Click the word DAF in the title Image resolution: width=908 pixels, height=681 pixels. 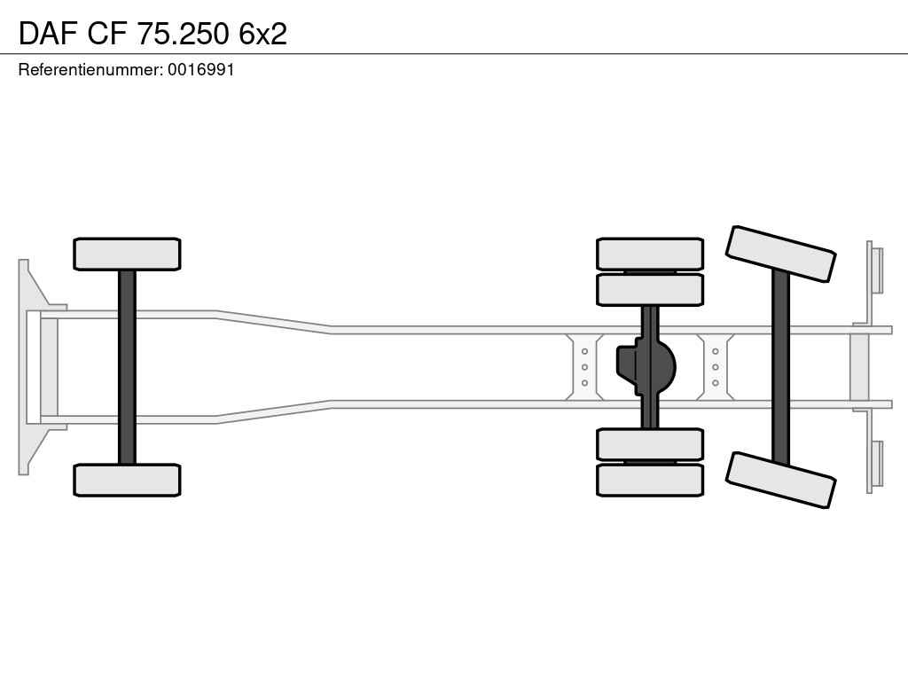coord(48,34)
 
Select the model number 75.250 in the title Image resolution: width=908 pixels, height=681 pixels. coord(183,34)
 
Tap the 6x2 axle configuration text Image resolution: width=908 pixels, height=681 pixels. coord(262,34)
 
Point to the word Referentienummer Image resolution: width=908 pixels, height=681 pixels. coord(90,69)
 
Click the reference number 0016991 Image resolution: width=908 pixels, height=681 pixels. coord(201,69)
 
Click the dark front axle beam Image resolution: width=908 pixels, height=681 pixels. coord(127,367)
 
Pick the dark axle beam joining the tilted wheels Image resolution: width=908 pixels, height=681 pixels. coord(780,367)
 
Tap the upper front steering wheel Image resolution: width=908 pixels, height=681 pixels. coord(127,254)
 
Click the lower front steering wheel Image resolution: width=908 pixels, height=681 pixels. coord(127,480)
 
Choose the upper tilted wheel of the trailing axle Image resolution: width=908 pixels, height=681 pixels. coord(780,254)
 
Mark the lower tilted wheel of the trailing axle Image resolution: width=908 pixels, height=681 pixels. coord(780,480)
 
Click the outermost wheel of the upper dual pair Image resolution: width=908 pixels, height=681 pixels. coord(650,254)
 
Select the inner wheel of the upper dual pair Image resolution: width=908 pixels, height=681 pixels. coord(650,290)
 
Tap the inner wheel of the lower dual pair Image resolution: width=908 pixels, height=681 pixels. coord(650,445)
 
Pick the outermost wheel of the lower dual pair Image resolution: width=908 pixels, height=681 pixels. coord(650,480)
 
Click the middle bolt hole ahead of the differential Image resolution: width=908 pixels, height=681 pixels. coord(584,367)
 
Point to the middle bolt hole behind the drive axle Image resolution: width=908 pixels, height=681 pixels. coord(716,367)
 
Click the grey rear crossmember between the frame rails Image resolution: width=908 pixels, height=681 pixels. coord(859,367)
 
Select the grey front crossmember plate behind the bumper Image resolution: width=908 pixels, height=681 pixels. coord(49,367)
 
